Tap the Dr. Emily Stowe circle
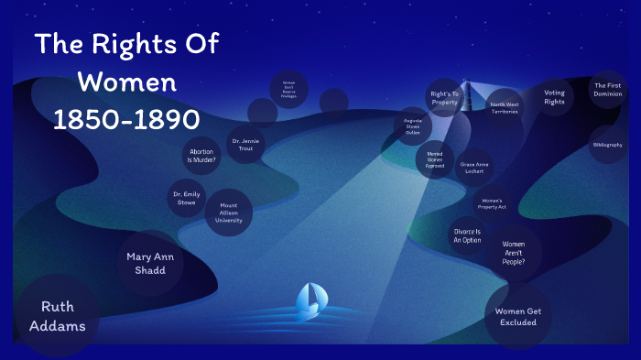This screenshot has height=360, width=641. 186,198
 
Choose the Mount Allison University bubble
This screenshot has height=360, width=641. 228,212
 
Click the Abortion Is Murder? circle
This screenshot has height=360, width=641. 201,156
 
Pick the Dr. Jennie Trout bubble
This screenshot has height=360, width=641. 245,144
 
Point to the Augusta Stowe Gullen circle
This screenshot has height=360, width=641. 412,126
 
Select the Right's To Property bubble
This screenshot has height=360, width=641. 445,98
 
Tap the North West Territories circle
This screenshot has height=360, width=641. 504,108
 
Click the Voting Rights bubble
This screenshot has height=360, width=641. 554,97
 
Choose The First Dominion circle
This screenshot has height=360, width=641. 608,89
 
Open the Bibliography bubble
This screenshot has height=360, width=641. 607,145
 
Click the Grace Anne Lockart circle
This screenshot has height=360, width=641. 475,167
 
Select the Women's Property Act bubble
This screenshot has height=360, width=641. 492,204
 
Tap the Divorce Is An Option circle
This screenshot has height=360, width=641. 466,235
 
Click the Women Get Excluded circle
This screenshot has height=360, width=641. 517,316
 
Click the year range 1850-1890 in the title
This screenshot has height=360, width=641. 125,120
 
